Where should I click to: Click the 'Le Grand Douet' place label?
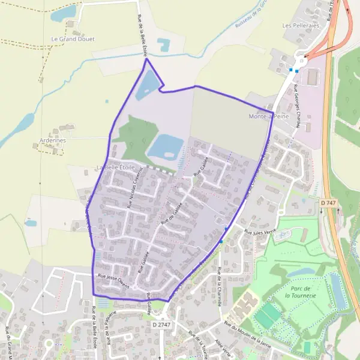pos(73,39)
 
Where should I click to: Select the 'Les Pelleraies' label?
pos(298,26)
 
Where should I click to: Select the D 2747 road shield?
pos(161,325)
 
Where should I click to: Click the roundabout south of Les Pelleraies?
pos(301,60)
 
